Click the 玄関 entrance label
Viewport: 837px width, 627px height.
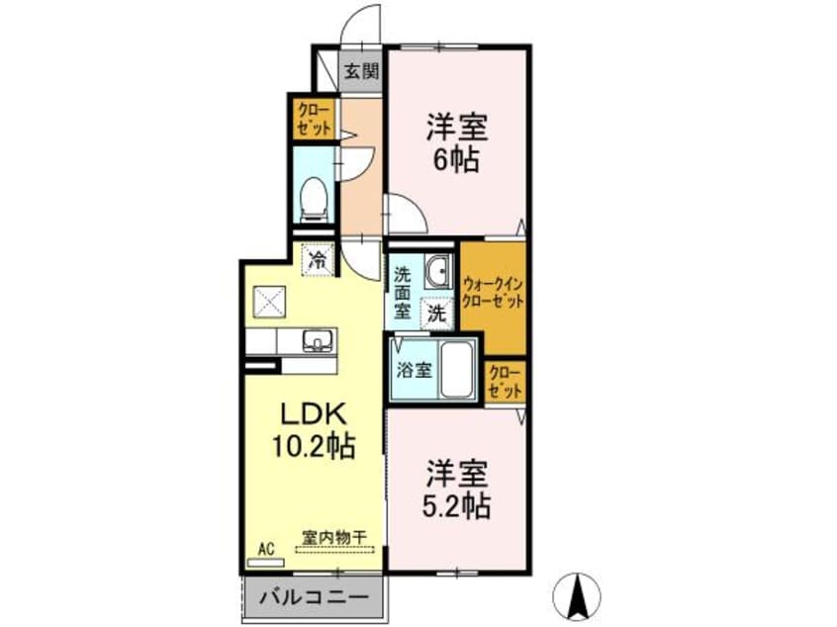(361, 71)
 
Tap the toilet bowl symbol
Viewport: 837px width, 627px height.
(314, 200)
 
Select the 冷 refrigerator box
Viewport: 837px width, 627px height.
(319, 260)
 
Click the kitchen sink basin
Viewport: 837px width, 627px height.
(319, 340)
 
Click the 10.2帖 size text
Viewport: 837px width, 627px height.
(314, 446)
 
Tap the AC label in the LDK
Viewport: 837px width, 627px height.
(266, 549)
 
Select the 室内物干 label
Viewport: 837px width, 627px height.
(334, 537)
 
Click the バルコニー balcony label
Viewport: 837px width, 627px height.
(314, 596)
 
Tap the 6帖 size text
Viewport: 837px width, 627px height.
(456, 158)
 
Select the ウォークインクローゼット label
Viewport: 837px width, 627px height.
(493, 292)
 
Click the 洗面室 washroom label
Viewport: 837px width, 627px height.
(403, 292)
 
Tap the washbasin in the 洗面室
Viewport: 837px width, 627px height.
(439, 271)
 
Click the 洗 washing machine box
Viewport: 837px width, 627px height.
(437, 313)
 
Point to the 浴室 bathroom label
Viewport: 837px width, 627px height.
(415, 370)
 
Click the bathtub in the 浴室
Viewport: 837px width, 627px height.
(457, 369)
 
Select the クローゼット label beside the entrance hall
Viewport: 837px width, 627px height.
(315, 119)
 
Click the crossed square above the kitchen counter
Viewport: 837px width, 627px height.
(269, 302)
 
